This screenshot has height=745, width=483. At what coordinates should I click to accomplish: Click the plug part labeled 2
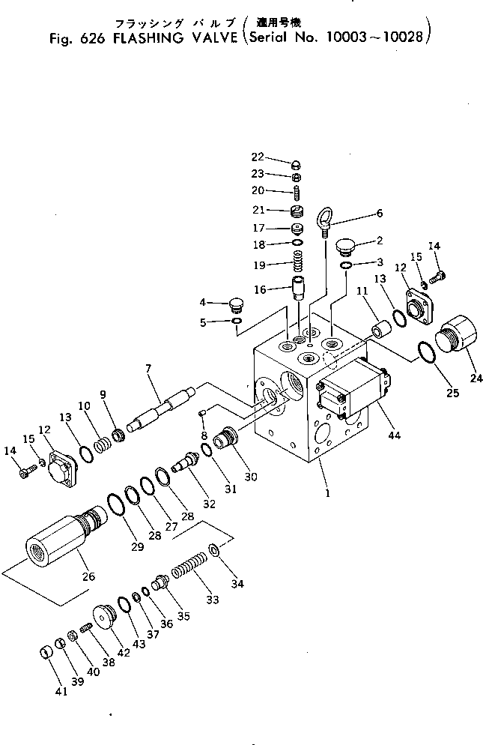(x=344, y=245)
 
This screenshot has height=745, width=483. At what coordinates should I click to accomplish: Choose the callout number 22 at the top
(x=258, y=157)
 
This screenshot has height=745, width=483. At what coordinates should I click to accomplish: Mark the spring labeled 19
(x=299, y=265)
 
